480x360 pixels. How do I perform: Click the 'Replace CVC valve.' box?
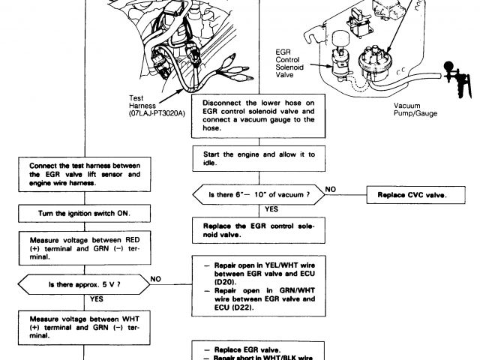(407, 195)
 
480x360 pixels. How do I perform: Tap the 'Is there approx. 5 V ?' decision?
(84, 284)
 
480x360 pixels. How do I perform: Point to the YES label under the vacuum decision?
(271, 208)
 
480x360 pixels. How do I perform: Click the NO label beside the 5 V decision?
(156, 277)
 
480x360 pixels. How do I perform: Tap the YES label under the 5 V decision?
(97, 298)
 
